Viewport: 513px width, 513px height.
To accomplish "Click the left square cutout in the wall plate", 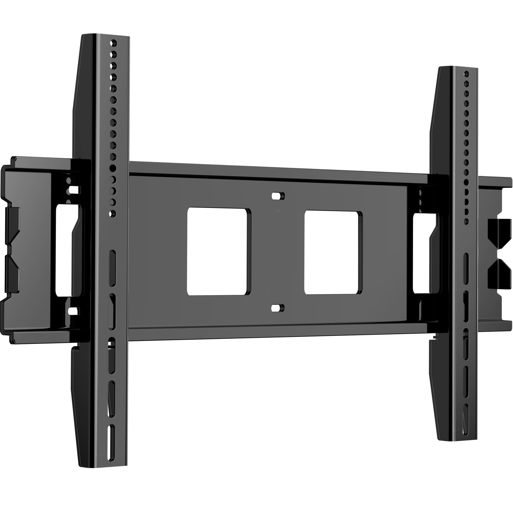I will [x=219, y=251].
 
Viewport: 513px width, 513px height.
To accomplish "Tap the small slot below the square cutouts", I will [x=278, y=308].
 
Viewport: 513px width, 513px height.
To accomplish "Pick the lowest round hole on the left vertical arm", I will [x=112, y=213].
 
